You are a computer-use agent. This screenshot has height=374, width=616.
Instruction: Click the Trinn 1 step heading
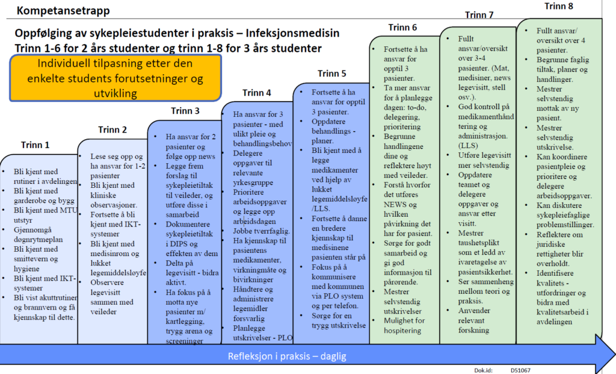(35, 145)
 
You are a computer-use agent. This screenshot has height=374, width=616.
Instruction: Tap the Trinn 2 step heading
(112, 129)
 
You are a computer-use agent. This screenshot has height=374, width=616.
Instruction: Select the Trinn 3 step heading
(185, 111)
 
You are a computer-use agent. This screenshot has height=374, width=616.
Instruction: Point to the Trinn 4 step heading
(256, 93)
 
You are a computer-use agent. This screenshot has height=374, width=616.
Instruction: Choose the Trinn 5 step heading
(331, 74)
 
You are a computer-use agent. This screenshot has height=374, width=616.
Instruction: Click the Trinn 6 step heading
(402, 28)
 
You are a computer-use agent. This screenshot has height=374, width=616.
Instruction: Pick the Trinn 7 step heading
(479, 15)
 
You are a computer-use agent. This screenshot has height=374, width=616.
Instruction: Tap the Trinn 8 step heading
(559, 7)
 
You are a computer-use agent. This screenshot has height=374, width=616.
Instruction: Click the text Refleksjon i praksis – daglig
(286, 357)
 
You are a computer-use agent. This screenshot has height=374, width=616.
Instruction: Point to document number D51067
(522, 370)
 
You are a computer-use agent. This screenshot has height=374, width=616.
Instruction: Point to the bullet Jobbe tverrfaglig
(262, 231)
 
